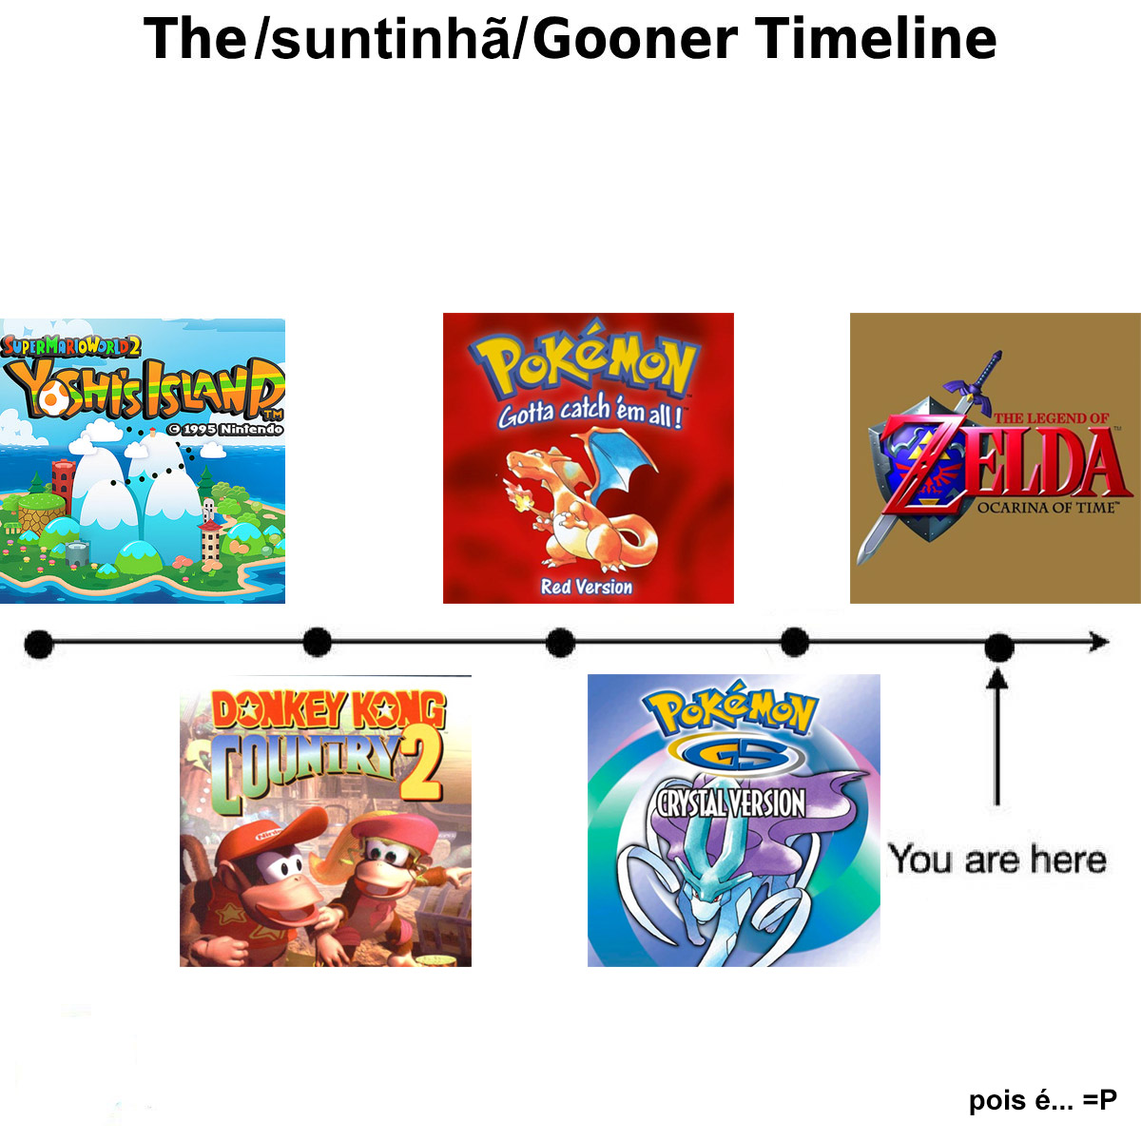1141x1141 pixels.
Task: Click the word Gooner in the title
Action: tap(635, 40)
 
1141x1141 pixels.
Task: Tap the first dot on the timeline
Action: tap(39, 644)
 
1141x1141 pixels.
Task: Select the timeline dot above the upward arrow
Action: tap(999, 648)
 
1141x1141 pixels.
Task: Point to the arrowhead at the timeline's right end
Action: tap(1099, 642)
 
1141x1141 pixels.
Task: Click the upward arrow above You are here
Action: tap(997, 737)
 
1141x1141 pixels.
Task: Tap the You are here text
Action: tap(997, 860)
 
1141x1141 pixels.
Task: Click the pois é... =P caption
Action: tap(1043, 1099)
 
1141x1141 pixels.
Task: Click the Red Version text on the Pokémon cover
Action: tap(587, 587)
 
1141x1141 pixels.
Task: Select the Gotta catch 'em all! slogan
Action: tap(590, 411)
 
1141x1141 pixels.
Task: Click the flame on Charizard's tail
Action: tap(514, 496)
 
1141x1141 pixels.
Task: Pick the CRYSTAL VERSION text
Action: tap(730, 803)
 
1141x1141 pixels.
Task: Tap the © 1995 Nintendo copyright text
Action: tap(225, 429)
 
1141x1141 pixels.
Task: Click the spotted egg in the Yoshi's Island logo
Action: tap(51, 396)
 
